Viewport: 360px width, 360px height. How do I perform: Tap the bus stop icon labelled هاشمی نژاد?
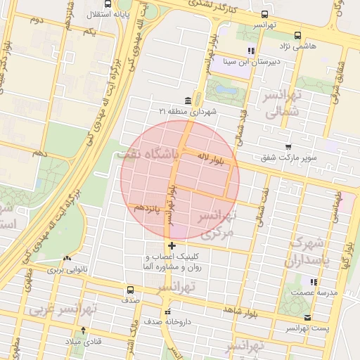[297, 34]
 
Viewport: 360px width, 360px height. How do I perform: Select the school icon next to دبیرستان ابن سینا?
[251, 50]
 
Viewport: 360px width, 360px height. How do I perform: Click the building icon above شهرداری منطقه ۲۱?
[188, 101]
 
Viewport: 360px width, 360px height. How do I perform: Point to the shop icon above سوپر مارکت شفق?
[288, 146]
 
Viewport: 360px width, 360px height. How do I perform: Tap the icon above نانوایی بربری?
[68, 259]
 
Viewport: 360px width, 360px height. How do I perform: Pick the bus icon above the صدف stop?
[129, 289]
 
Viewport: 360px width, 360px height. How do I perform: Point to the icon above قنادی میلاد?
[84, 330]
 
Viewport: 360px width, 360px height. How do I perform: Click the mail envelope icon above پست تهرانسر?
[307, 318]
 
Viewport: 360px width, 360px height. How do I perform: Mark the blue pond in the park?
[226, 89]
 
